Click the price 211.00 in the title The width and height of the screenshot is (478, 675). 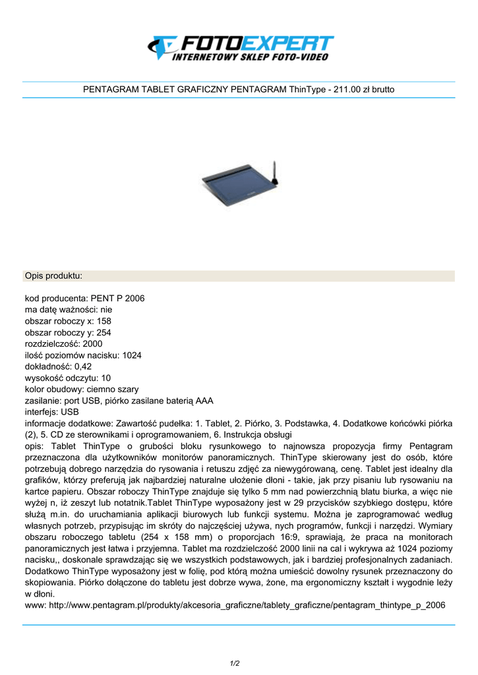click(347, 89)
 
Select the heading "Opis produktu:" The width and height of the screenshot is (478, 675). click(53, 275)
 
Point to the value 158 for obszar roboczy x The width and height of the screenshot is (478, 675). click(104, 321)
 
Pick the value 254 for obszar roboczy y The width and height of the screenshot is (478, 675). click(104, 332)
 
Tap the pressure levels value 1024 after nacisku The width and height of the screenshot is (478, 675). click(132, 355)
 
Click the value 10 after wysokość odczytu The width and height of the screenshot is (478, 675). click(106, 378)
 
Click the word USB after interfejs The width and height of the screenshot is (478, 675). click(70, 412)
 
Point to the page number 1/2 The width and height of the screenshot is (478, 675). click(235, 662)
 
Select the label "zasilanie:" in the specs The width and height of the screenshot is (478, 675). click(44, 401)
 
